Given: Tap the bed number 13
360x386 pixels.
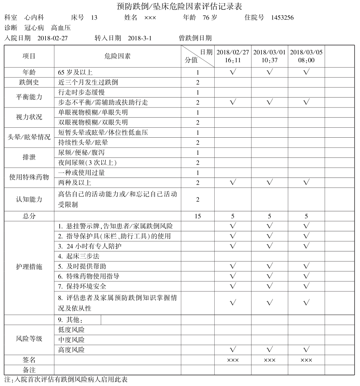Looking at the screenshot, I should coord(94,17).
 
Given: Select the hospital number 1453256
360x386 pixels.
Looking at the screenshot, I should coord(282,17).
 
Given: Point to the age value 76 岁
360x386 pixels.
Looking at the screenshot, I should coord(210,17).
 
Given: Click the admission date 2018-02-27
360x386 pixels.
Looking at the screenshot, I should coord(52,38).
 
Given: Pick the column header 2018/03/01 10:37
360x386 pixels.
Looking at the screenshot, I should coord(269,56).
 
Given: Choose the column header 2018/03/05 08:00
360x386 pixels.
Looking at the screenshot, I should coord(306,56).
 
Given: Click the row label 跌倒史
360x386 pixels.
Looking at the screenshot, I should coord(29,82).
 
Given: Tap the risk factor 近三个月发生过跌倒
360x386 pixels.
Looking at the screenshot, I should coord(88,82).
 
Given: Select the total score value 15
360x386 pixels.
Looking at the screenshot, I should coord(198,216).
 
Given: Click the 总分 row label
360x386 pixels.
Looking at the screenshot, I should coord(29,216).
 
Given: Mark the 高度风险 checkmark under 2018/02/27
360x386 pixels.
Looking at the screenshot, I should coord(233,349).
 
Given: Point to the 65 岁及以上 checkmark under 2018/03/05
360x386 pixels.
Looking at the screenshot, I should coord(306,72).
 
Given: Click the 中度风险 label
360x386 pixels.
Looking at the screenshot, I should coord(71,340).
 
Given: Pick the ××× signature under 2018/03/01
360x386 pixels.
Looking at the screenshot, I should coord(269,360).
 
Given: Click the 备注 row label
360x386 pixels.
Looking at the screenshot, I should coord(29,370).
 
